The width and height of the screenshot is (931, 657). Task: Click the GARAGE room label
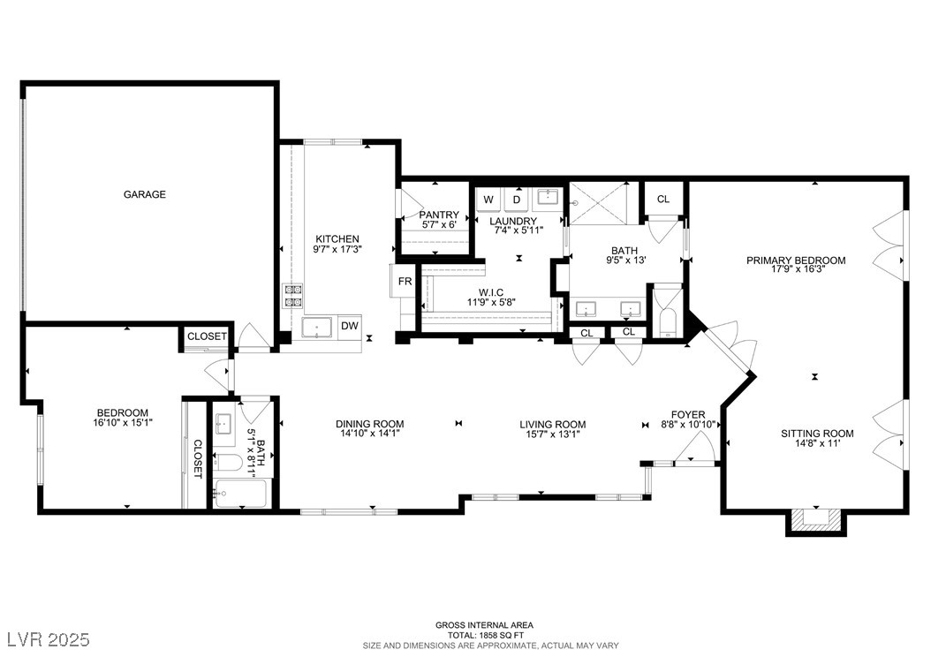click(x=144, y=194)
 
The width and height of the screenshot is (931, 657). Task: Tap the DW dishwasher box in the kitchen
click(x=350, y=326)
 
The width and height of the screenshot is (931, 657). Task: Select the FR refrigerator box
click(x=405, y=281)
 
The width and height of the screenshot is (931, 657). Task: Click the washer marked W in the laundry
click(x=488, y=200)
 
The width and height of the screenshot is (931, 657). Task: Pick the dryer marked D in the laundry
click(x=517, y=200)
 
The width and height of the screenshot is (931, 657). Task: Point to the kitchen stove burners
click(x=292, y=296)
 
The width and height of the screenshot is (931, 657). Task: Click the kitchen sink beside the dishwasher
click(x=318, y=327)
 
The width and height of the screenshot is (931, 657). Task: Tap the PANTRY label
click(x=439, y=215)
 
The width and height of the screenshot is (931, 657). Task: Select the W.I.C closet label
click(x=491, y=292)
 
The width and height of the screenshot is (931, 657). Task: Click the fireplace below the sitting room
click(x=816, y=522)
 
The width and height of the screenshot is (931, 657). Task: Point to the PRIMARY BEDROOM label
click(x=796, y=260)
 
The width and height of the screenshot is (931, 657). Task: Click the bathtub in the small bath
click(x=240, y=494)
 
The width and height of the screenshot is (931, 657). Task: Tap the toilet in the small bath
click(x=227, y=463)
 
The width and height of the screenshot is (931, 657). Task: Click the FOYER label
click(x=688, y=415)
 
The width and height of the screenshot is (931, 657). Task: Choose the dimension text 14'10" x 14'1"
click(x=370, y=434)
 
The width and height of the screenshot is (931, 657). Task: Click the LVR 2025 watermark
click(x=48, y=639)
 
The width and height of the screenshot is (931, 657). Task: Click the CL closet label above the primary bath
click(x=663, y=200)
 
